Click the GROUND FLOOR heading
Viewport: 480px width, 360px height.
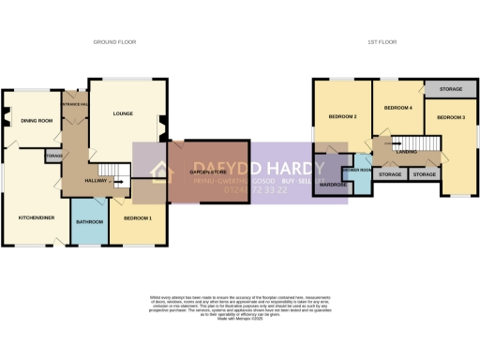pyautogui.click(x=112, y=43)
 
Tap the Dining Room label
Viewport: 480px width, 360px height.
pyautogui.click(x=36, y=120)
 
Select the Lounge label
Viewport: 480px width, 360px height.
pyautogui.click(x=123, y=113)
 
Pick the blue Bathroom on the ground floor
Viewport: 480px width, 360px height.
pyautogui.click(x=89, y=222)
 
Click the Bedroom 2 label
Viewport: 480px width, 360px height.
pyautogui.click(x=342, y=116)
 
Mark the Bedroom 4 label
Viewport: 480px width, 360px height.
pyautogui.click(x=398, y=109)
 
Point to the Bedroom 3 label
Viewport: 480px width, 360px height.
pyautogui.click(x=451, y=117)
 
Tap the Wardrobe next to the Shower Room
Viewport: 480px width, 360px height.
pyautogui.click(x=333, y=184)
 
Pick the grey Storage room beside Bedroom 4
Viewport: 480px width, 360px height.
pyautogui.click(x=445, y=89)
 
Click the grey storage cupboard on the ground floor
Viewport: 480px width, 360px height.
pyautogui.click(x=54, y=156)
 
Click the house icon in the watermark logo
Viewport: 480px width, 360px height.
pyautogui.click(x=159, y=172)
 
